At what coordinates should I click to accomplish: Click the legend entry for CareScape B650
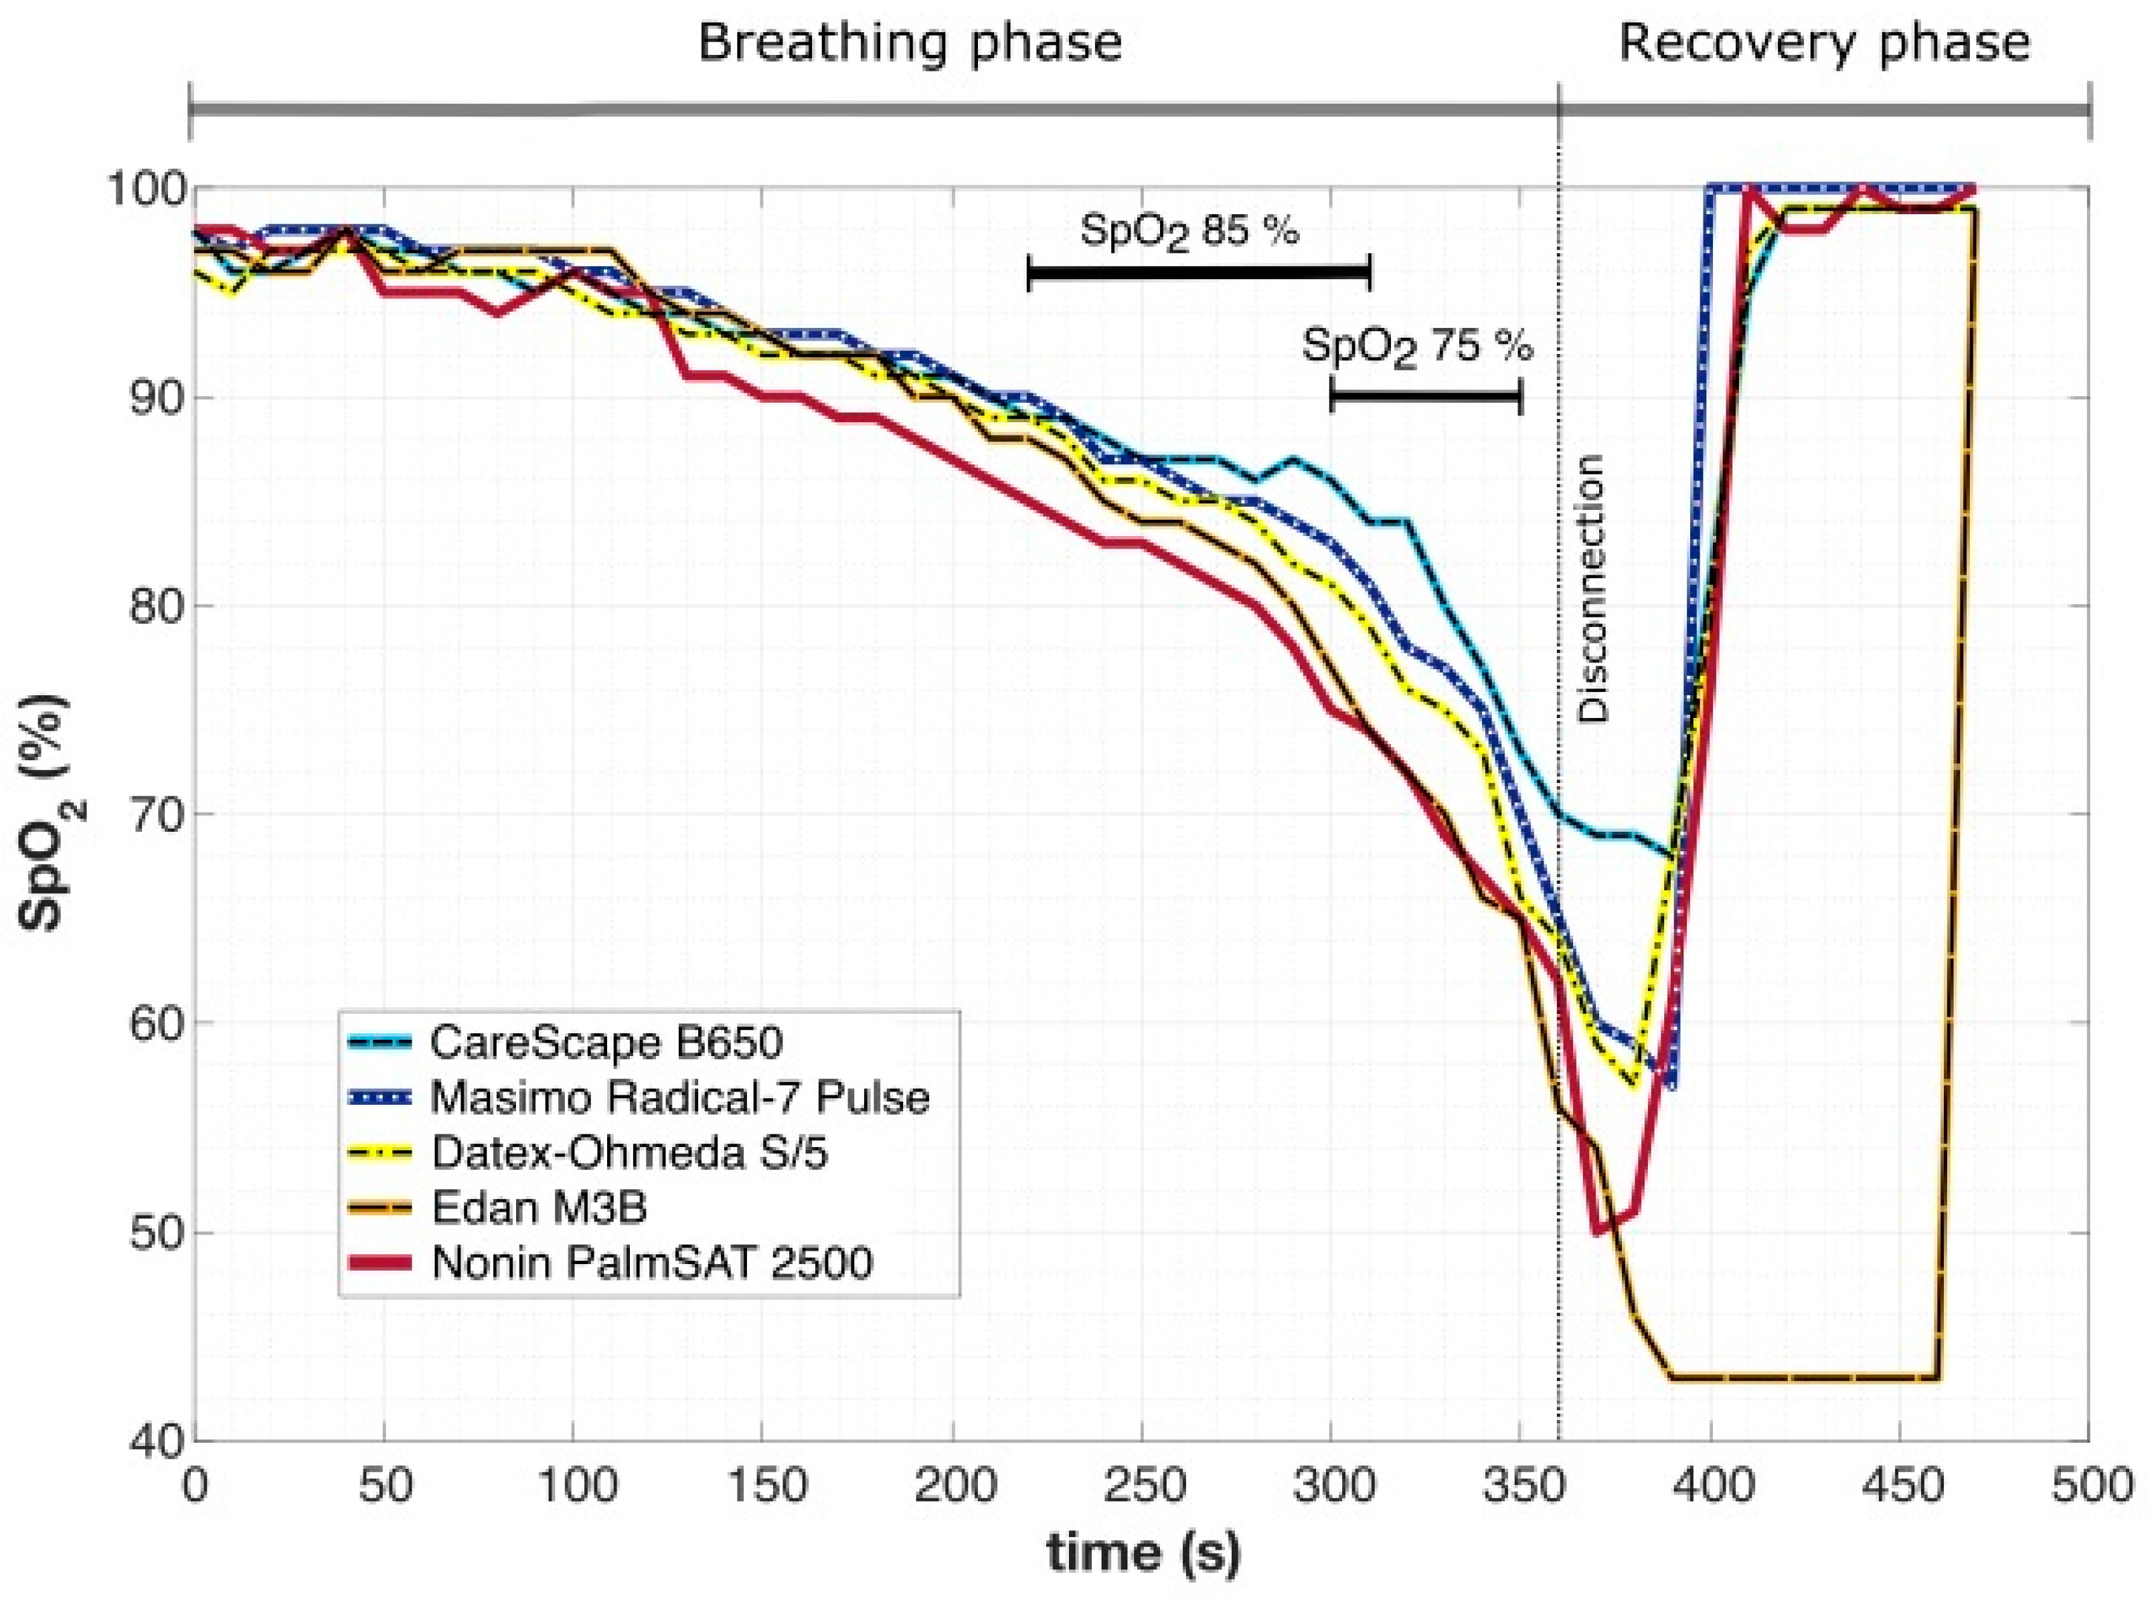click(x=604, y=1042)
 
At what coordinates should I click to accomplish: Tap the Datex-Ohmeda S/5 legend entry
click(x=629, y=1153)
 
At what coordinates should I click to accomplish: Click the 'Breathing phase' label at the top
click(x=910, y=44)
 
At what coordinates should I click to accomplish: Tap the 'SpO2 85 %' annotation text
click(x=1188, y=232)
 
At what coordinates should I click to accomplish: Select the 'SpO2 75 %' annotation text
click(x=1416, y=346)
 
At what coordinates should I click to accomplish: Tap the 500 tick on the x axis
click(x=2088, y=1486)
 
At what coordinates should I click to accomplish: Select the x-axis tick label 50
click(x=384, y=1486)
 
